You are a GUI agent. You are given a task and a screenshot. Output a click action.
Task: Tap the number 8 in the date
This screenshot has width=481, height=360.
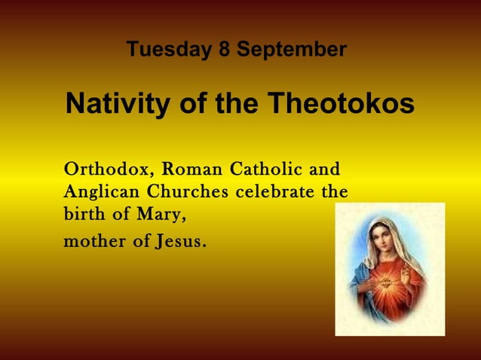pos(223,50)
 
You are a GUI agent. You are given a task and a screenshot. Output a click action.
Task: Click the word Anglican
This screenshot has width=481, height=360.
pos(97,192)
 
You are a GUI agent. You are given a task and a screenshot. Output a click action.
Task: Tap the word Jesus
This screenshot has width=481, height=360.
pos(179,243)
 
